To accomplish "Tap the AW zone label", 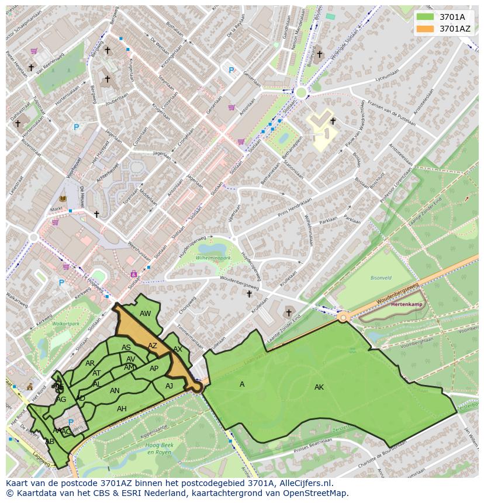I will pos(146,314).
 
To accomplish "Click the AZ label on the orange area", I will pos(153,346).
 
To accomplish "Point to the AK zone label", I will pos(319,387).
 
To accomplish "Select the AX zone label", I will pos(178,349).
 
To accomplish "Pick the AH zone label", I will pos(122,409).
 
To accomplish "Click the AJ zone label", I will pos(170,386).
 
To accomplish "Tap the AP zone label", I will pos(154,369).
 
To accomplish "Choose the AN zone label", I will pos(115,391).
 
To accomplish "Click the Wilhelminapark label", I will pos(214,257).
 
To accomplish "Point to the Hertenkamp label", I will pos(406,304).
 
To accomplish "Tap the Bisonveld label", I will pos(381,278).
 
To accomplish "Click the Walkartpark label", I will pos(65,323).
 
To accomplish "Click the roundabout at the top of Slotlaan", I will pos(302,92).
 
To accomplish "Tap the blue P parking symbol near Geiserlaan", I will pos(231,71).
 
